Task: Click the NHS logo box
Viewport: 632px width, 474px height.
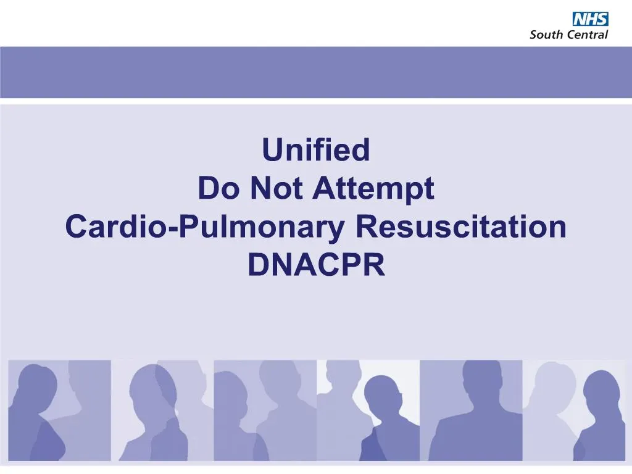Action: [591, 19]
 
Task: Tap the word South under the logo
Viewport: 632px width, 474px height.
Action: [545, 35]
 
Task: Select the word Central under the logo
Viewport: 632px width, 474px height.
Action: [586, 35]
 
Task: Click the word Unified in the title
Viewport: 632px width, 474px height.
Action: [316, 150]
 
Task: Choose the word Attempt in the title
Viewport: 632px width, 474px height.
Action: [373, 189]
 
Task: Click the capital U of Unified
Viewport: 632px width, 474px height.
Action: [272, 150]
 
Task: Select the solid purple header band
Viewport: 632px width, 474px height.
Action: [316, 72]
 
